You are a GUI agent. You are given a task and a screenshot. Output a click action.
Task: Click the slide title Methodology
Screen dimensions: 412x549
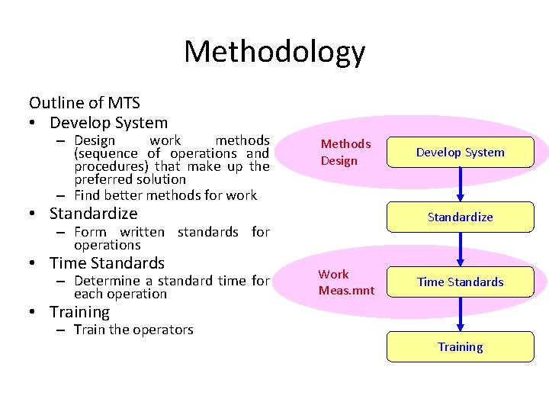[274, 52]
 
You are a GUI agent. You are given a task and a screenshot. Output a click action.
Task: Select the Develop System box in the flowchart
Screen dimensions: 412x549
[460, 153]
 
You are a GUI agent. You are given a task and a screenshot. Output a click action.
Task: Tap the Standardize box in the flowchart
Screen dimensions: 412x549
[460, 217]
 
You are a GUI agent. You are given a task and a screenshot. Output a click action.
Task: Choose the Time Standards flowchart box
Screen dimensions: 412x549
[460, 282]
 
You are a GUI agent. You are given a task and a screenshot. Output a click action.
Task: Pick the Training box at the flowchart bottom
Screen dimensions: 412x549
[460, 346]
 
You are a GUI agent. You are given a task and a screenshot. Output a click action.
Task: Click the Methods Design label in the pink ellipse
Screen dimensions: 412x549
[345, 152]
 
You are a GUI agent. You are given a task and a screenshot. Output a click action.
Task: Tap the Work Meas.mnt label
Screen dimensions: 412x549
[346, 282]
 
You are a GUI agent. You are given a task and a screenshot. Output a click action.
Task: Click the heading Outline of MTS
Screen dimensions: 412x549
[85, 103]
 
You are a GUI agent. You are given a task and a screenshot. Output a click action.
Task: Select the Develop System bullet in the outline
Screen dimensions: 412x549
[108, 123]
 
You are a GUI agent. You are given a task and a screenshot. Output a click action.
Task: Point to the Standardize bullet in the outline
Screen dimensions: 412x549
[93, 214]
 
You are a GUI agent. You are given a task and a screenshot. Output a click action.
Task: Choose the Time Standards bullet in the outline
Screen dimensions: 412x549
[107, 263]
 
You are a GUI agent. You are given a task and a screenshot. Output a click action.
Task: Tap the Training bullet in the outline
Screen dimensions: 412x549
[79, 312]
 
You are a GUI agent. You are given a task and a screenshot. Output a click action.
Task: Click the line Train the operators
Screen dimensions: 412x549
[133, 330]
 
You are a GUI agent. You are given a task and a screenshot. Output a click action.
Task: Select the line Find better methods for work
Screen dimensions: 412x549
[165, 195]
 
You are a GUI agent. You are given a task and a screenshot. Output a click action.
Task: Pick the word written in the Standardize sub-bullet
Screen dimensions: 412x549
[142, 231]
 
